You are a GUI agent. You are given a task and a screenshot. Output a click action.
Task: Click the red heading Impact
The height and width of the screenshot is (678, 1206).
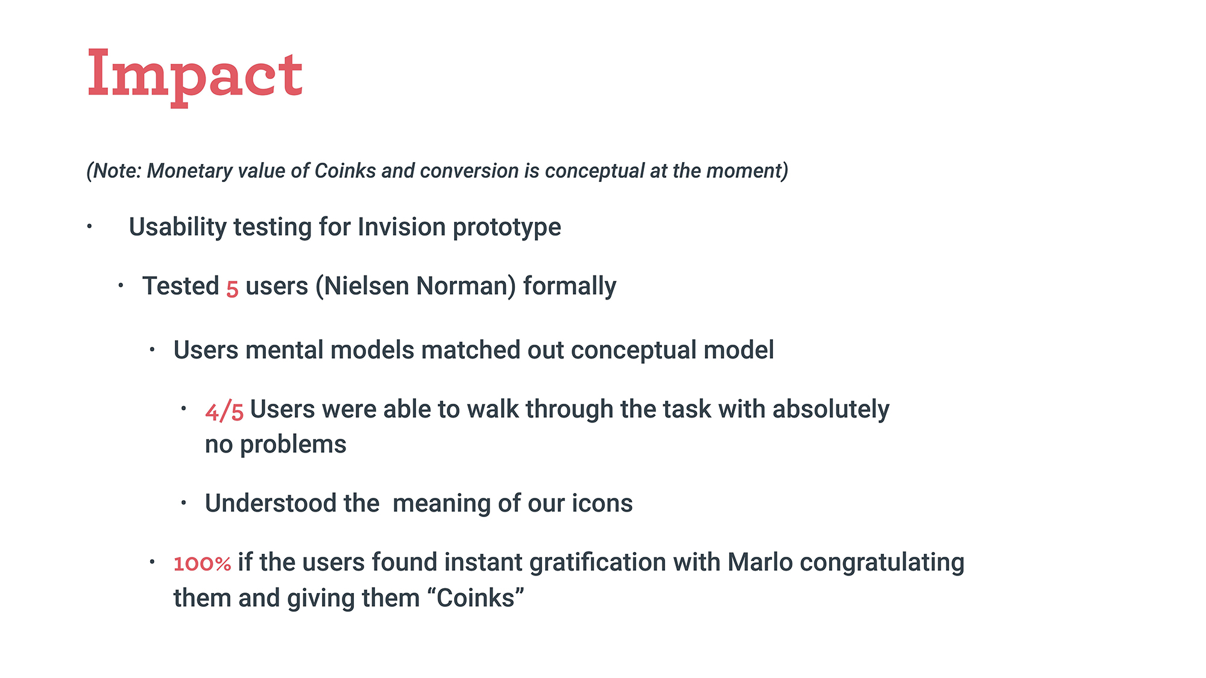[x=195, y=75]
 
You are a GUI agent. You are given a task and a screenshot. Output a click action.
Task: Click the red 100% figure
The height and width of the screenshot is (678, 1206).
[x=202, y=563]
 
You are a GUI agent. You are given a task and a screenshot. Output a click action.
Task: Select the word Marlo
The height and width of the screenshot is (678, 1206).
[x=760, y=562]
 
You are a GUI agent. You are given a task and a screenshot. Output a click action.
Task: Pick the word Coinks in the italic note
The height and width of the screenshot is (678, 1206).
[x=346, y=171]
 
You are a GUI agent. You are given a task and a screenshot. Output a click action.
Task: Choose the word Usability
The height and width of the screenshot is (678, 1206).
[x=178, y=228]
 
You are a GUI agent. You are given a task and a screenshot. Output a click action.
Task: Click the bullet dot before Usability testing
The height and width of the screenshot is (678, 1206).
[x=89, y=227]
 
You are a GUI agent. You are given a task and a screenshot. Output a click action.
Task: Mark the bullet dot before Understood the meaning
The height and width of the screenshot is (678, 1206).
[x=183, y=502]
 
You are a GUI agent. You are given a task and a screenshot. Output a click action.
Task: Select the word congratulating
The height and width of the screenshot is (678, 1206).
[x=882, y=563]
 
